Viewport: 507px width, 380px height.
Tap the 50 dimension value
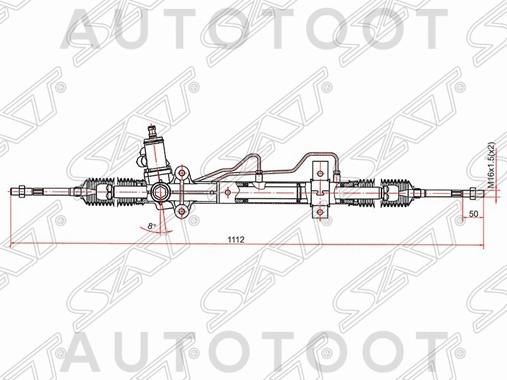coord(473,213)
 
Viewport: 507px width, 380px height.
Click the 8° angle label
coord(150,225)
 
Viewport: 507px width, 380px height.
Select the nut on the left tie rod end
coord(22,189)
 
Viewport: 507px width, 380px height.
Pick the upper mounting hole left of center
coord(183,172)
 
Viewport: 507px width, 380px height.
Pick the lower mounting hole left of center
coord(183,212)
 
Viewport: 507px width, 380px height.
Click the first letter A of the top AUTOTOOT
coord(86,28)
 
